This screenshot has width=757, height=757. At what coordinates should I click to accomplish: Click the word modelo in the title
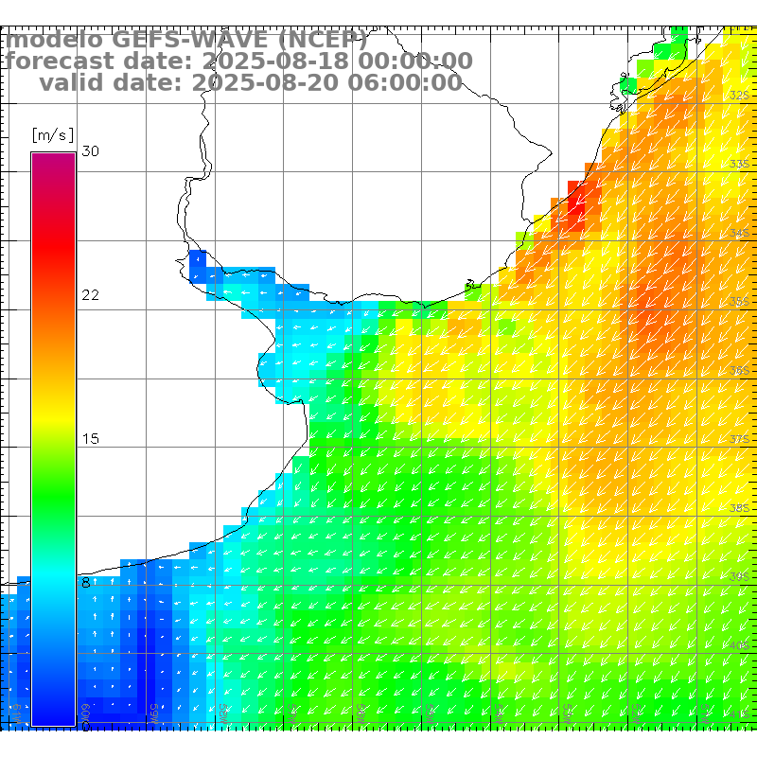point(55,41)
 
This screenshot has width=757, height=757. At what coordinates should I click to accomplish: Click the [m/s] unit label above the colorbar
point(53,134)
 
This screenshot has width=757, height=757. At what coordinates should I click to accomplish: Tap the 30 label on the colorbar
point(90,151)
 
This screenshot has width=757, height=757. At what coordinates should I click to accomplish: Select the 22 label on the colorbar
point(90,295)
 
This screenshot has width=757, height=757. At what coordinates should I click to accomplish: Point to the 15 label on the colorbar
point(90,439)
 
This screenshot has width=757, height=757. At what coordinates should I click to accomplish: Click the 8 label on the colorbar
point(86,583)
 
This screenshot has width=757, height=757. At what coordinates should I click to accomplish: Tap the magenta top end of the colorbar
point(53,161)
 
